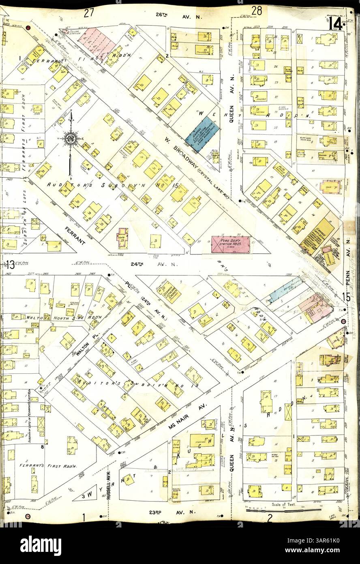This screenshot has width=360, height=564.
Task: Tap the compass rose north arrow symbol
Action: [71, 139]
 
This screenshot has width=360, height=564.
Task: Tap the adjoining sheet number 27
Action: [89, 13]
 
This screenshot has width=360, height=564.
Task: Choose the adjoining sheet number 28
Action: [256, 11]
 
